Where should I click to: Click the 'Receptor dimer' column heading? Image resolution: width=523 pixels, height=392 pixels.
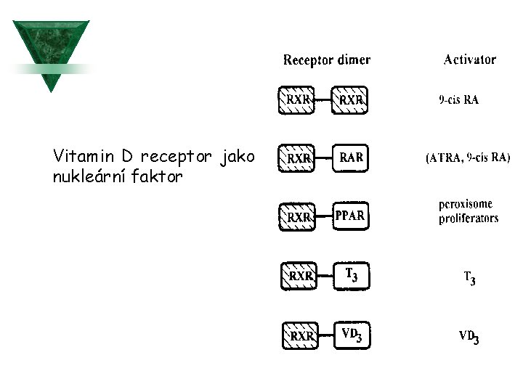point(326,60)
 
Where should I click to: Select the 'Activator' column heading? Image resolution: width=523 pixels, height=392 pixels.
point(469,60)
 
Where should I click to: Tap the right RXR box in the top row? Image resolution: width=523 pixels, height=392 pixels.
point(350,100)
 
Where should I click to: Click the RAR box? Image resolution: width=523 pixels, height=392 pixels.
point(351,158)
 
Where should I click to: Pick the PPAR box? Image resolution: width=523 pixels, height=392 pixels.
point(350,216)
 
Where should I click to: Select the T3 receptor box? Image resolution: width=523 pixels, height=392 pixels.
point(351,276)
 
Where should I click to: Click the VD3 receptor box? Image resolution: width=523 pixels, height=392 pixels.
point(352,335)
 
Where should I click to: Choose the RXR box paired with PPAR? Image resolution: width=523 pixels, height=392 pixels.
point(299,217)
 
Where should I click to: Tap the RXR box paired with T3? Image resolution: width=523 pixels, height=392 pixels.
point(299,277)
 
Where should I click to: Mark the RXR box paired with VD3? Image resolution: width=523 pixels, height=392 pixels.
point(300,336)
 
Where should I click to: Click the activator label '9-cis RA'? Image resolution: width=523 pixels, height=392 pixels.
point(459,101)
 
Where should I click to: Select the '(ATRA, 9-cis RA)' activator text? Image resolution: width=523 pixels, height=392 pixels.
point(468,158)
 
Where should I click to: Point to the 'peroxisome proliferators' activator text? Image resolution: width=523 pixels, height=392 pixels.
point(469,212)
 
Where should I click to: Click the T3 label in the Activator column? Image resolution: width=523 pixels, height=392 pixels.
point(470,277)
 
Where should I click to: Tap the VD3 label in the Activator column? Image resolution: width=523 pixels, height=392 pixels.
point(469,337)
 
